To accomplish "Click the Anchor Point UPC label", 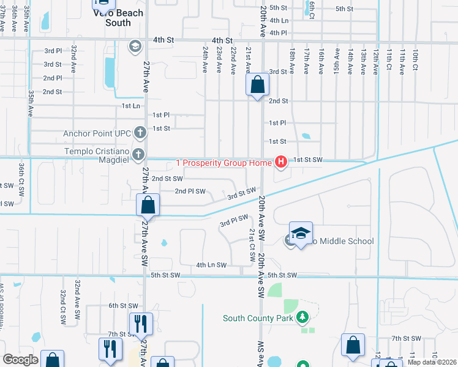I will [99, 133].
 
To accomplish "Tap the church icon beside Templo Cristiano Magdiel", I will [139, 154].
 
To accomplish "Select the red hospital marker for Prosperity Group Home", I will [281, 161].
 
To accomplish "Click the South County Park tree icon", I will [301, 317].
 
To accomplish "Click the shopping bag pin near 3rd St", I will [258, 84].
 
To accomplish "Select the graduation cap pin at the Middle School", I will [301, 233].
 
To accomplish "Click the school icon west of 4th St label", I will [135, 46].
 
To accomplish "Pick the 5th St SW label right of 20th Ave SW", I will [282, 275].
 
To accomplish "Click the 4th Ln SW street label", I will [211, 265].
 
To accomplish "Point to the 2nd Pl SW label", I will [190, 191].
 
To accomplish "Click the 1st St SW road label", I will [307, 160].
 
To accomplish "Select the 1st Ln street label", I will [131, 106].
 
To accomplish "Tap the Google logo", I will [21, 360].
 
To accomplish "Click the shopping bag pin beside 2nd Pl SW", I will [148, 206].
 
